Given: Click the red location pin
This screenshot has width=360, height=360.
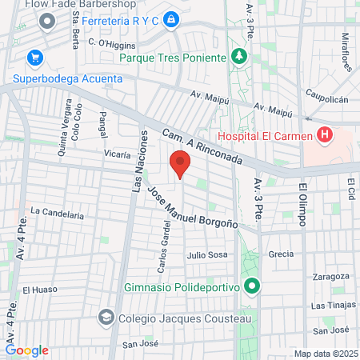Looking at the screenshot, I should tap(181, 165).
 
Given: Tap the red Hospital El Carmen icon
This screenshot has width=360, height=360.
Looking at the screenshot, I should tap(325, 134).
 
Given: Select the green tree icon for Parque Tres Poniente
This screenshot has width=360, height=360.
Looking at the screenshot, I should tap(238, 56).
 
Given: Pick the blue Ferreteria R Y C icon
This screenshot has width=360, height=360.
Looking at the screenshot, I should tap(170, 18).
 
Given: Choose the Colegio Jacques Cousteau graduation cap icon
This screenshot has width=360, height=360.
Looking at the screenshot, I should tap(106, 318).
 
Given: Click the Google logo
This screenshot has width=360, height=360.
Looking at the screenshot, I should tap(26, 350).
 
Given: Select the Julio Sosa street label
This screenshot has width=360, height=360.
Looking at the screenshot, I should tap(207, 255).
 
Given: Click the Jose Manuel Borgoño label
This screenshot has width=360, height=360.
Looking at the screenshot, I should tap(194, 210).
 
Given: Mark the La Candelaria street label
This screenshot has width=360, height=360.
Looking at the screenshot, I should tap(57, 214).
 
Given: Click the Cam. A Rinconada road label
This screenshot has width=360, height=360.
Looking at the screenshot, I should tap(201, 148).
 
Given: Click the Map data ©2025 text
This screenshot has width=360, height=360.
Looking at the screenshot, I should tap(326, 354).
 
